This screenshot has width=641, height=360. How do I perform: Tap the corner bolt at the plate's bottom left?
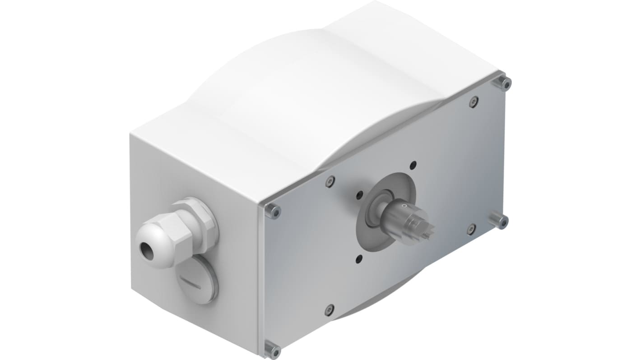272,350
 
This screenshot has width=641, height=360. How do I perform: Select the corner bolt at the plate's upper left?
272,211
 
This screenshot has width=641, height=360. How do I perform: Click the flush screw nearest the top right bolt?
474,102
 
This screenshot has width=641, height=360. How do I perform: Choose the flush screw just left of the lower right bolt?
471,229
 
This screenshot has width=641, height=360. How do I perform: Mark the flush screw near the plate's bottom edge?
330,310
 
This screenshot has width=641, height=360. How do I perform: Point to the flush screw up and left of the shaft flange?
330,181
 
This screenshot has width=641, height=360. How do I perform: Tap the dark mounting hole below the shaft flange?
359,258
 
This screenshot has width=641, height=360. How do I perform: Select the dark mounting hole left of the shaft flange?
359,195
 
